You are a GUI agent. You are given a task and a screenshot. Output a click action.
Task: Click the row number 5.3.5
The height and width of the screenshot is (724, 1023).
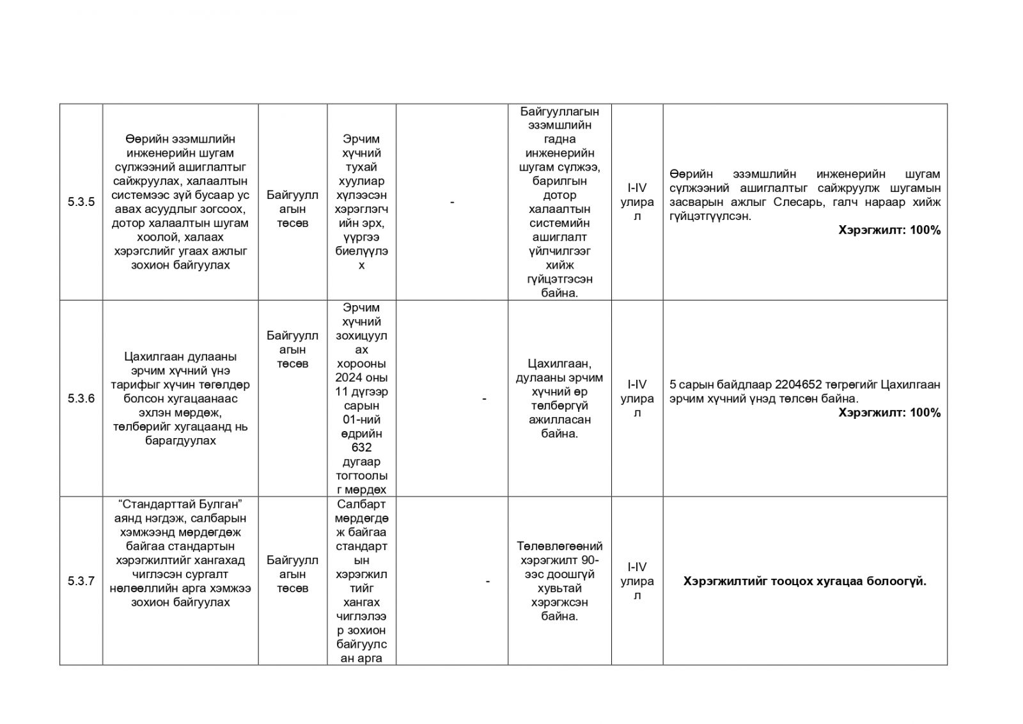pos(81,202)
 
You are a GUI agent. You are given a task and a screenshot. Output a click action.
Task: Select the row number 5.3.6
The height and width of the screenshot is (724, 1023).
pos(81,398)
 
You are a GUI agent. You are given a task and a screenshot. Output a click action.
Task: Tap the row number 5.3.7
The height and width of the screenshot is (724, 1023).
pos(81,581)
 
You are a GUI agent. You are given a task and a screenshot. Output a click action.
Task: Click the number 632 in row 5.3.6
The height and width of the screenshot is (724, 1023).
pos(361,448)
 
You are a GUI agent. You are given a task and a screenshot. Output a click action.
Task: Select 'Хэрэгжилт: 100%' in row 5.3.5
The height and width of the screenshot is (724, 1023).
pos(889,230)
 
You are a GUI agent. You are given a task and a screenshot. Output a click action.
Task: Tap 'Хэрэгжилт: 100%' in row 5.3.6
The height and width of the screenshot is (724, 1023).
pos(889,413)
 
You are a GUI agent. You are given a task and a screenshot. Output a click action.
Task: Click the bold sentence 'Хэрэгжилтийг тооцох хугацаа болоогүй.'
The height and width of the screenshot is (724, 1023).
pos(804,581)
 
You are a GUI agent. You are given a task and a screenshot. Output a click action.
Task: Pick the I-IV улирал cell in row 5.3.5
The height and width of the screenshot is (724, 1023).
pos(637,202)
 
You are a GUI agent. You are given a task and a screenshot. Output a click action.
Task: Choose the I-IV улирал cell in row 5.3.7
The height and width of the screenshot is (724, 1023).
pos(637,581)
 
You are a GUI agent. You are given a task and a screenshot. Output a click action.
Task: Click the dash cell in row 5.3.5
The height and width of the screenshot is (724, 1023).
pos(452,202)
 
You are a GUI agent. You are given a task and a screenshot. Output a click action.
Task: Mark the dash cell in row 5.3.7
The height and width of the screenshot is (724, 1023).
pos(488,581)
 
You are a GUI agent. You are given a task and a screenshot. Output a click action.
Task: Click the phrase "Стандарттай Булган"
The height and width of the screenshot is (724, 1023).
pos(180,504)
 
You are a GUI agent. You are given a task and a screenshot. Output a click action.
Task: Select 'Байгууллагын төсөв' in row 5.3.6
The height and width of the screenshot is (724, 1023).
pos(292,349)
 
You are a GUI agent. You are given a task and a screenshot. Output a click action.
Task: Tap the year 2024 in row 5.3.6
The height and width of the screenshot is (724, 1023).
pos(349,377)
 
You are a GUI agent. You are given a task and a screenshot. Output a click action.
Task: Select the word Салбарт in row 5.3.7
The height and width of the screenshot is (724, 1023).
pos(361,504)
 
